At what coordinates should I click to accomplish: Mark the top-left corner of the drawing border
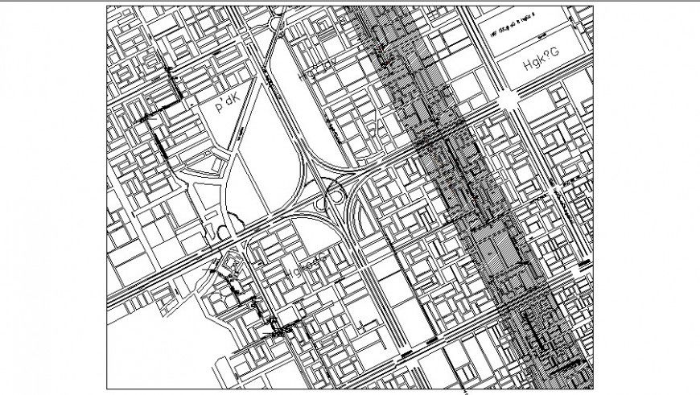pos(107,6)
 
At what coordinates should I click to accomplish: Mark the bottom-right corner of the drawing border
pos(595,387)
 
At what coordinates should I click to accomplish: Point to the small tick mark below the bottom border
pos(465,393)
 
